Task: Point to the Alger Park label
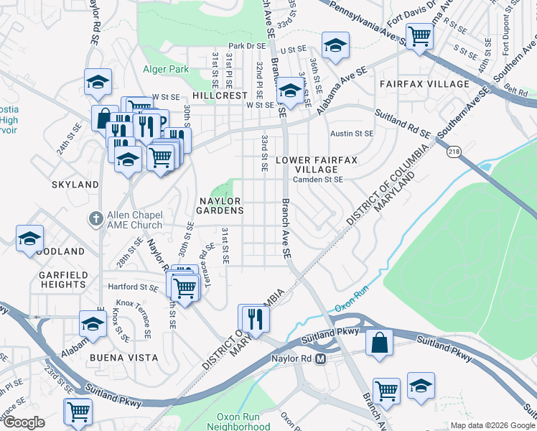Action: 165,70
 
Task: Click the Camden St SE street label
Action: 319,180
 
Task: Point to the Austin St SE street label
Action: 351,134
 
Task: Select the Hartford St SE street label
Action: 134,287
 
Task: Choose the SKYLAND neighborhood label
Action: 75,185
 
